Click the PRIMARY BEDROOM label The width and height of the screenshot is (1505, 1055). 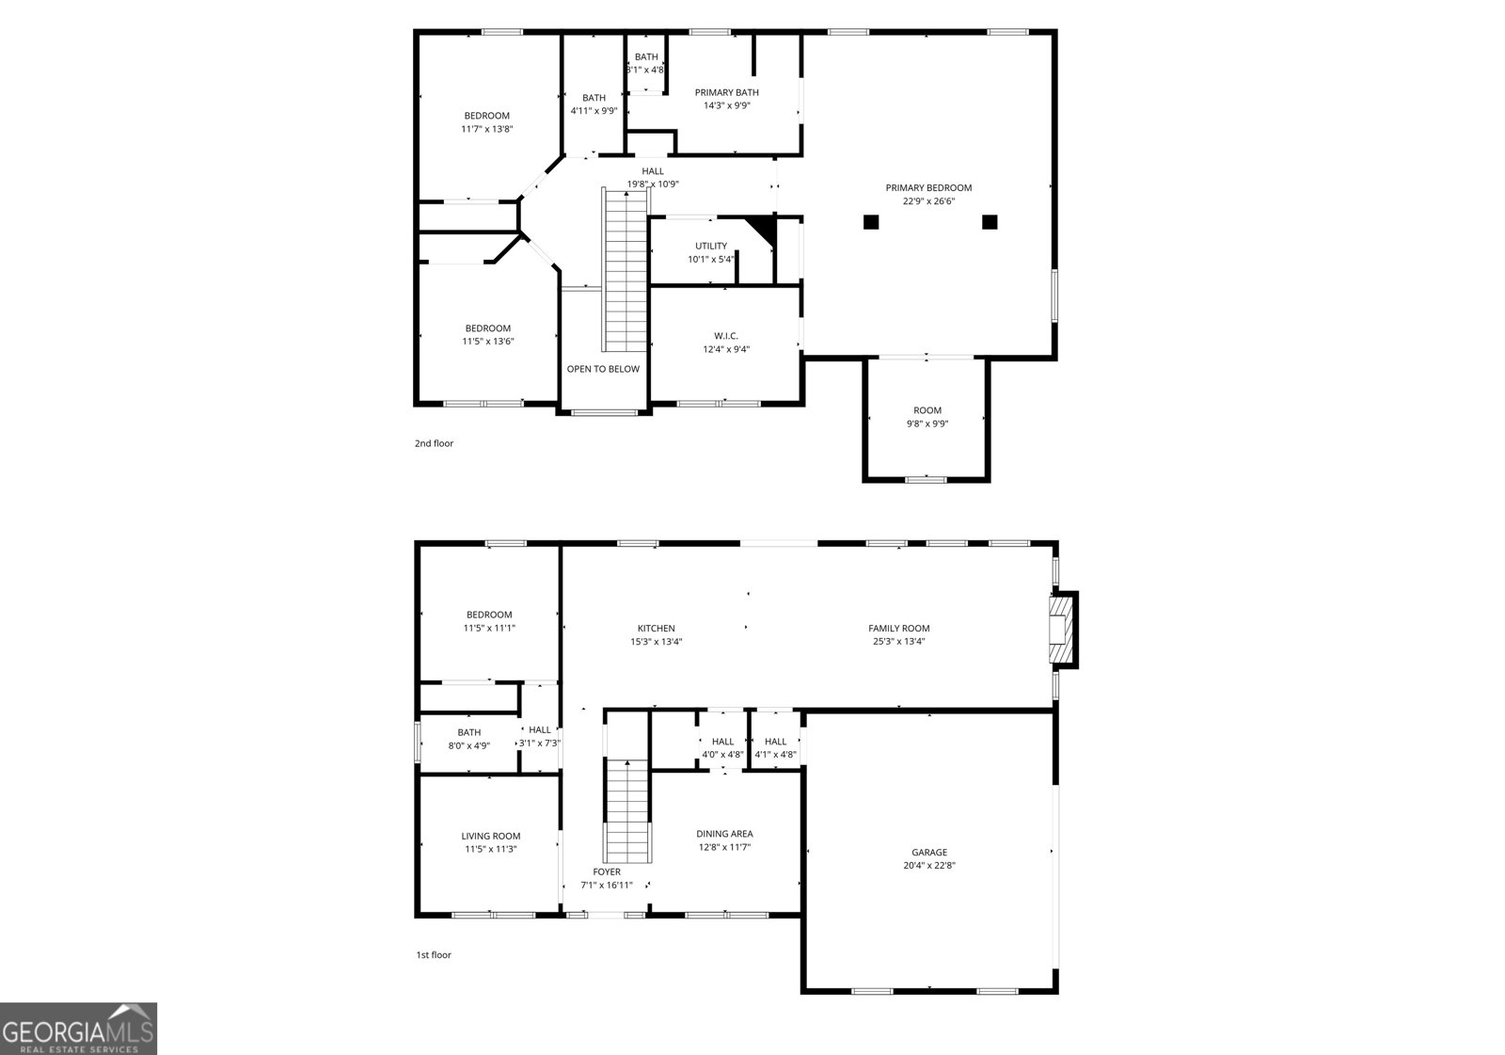pyautogui.click(x=928, y=187)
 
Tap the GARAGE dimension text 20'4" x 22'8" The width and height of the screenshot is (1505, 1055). pyautogui.click(x=928, y=866)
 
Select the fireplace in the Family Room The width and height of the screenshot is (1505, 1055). pyautogui.click(x=1062, y=630)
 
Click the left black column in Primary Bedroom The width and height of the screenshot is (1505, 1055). pyautogui.click(x=871, y=222)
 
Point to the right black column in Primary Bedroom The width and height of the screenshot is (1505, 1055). pyautogui.click(x=990, y=222)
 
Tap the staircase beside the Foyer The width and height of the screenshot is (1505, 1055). pyautogui.click(x=627, y=810)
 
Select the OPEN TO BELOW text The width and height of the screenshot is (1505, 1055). pyautogui.click(x=603, y=369)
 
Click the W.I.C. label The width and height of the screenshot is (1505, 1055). pyautogui.click(x=725, y=336)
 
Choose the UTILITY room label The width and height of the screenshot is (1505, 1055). pyautogui.click(x=711, y=247)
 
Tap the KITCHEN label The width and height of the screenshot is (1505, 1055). pyautogui.click(x=656, y=629)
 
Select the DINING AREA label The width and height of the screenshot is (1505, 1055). pyautogui.click(x=724, y=834)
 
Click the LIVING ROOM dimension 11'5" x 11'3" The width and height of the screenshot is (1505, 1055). pyautogui.click(x=490, y=849)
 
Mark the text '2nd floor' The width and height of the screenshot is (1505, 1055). pyautogui.click(x=434, y=443)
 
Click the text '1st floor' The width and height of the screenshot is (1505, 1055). pyautogui.click(x=434, y=955)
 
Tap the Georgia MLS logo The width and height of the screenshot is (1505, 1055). pyautogui.click(x=78, y=1029)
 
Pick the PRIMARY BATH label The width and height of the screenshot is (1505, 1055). pyautogui.click(x=726, y=92)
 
